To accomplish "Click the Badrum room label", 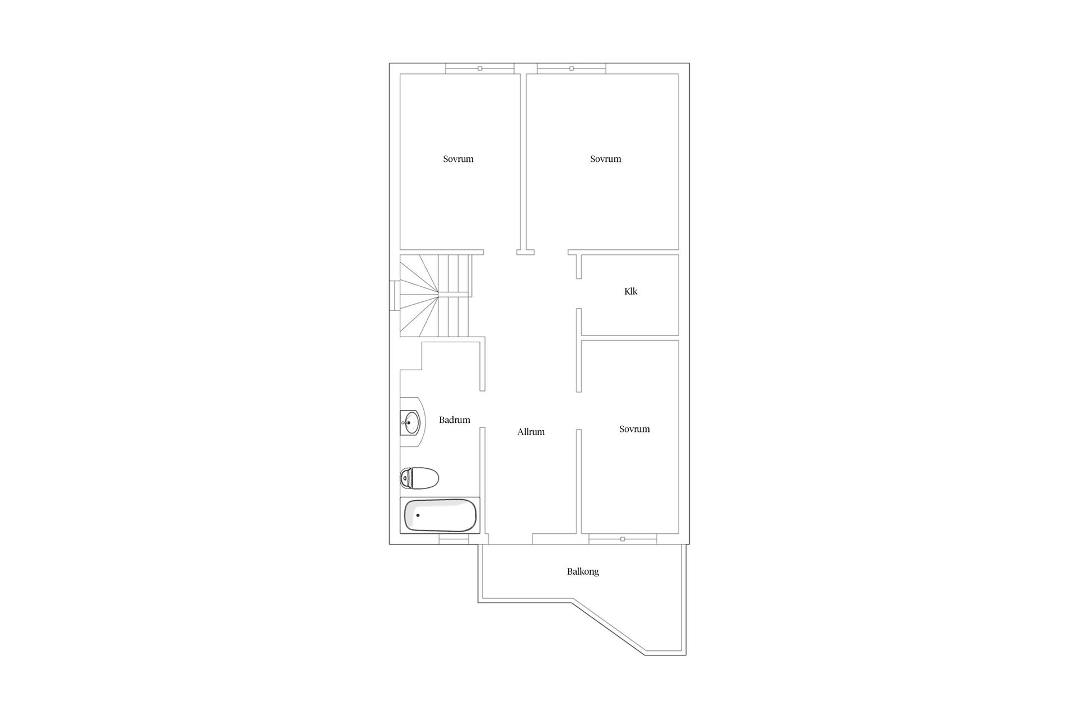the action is click(x=454, y=420).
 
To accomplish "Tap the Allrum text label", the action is click(x=531, y=432).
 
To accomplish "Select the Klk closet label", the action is click(x=630, y=291).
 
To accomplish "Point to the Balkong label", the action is click(x=583, y=572).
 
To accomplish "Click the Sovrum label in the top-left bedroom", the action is click(x=458, y=159).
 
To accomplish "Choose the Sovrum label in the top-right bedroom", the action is click(x=605, y=159).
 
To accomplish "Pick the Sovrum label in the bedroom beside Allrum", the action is click(x=634, y=429).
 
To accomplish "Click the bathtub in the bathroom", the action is click(x=440, y=515).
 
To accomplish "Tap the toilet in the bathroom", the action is click(x=419, y=478).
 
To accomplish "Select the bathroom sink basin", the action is click(x=412, y=423).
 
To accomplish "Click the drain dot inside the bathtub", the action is click(x=418, y=515).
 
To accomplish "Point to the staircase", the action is click(x=436, y=295).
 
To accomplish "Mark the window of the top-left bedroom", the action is click(x=480, y=68).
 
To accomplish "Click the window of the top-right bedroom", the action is click(x=572, y=68).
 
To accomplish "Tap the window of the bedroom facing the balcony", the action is click(x=623, y=539).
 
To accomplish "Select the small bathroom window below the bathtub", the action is click(x=454, y=539).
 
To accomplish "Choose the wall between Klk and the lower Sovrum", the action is click(x=630, y=338).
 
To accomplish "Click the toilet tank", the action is click(x=405, y=478).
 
